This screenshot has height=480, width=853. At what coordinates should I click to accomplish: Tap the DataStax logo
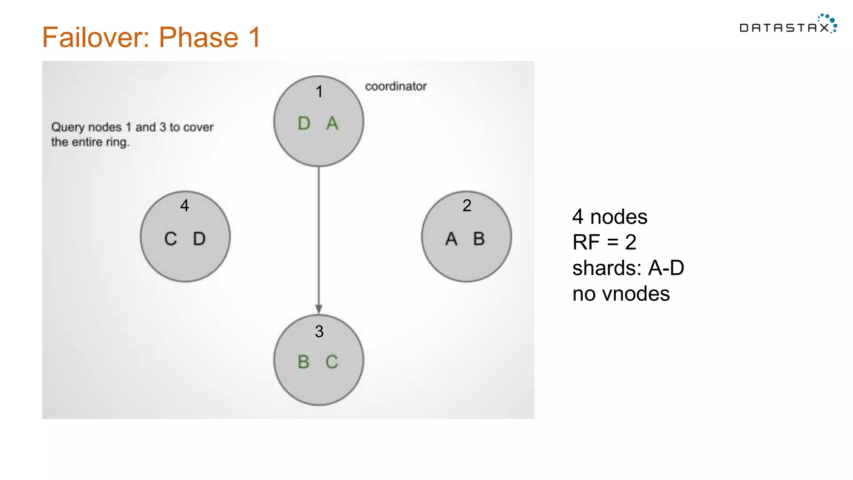tap(788, 26)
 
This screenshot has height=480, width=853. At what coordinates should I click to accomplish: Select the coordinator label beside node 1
tap(396, 86)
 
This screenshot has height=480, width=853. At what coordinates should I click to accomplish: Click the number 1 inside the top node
tap(319, 92)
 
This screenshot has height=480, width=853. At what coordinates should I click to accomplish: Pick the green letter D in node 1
tap(304, 123)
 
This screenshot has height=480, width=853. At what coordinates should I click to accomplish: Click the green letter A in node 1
tap(332, 123)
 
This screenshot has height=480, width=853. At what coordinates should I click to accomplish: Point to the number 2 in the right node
tap(467, 205)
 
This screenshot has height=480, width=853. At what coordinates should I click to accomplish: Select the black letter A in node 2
tap(451, 239)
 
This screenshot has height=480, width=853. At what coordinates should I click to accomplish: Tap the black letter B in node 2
tap(479, 239)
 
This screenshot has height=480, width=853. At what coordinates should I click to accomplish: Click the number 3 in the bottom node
tap(319, 332)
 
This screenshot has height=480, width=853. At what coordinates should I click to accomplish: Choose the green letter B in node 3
tap(304, 362)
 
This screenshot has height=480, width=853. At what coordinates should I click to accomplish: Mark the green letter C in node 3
tap(332, 362)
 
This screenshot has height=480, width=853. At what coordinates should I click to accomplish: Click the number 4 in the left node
tap(185, 205)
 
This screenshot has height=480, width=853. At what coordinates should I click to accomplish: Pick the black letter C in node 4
tap(171, 239)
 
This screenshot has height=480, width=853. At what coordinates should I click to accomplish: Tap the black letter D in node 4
tap(199, 239)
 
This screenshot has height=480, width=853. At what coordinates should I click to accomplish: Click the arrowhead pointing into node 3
tap(319, 309)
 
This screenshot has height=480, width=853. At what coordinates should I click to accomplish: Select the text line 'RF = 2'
tap(604, 242)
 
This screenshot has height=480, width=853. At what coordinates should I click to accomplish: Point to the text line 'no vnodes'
tap(621, 294)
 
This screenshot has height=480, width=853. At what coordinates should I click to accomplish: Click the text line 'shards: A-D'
tap(628, 268)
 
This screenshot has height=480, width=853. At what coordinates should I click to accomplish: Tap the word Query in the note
tap(68, 127)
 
